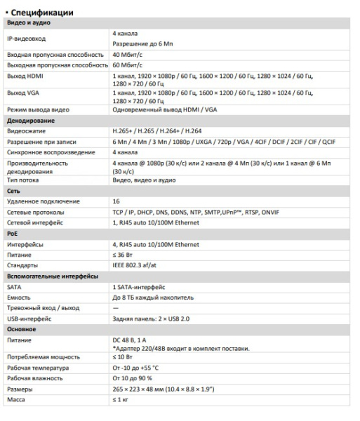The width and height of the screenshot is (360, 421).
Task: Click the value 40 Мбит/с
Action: click(128, 54)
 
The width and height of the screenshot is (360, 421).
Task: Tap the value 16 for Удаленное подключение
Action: click(116, 201)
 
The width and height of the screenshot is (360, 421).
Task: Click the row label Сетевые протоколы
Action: click(36, 212)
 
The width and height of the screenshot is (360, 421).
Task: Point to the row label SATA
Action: click(14, 286)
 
